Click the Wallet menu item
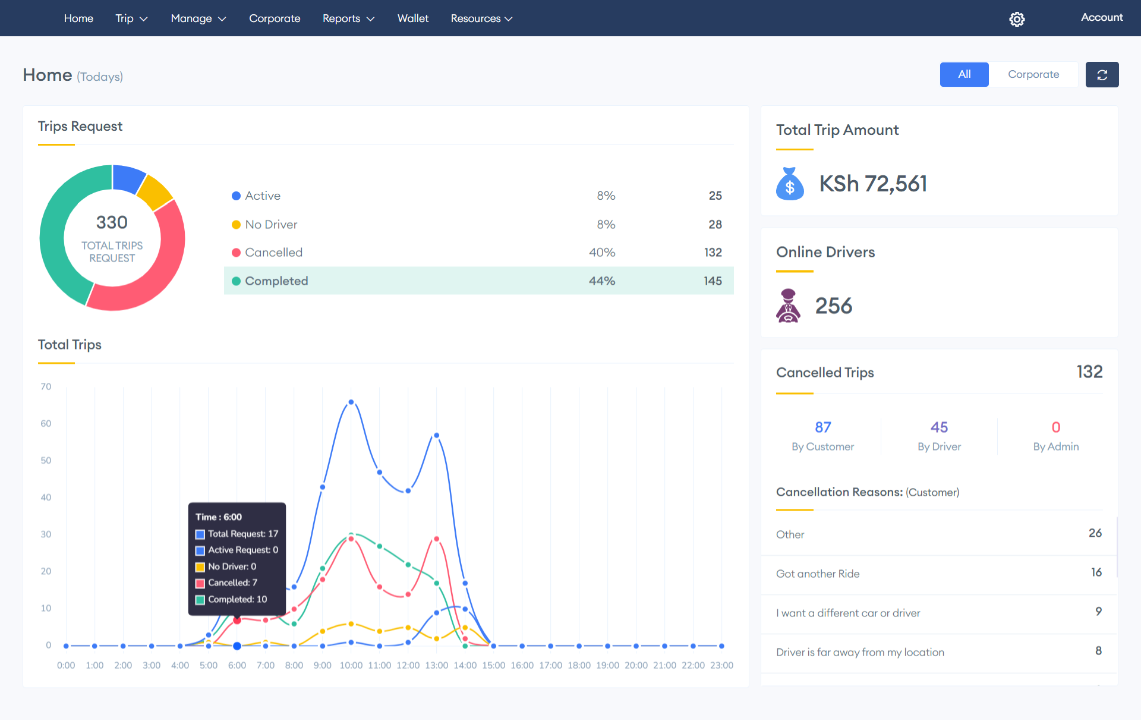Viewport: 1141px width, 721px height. pyautogui.click(x=412, y=18)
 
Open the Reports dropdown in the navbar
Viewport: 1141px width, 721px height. pyautogui.click(x=348, y=18)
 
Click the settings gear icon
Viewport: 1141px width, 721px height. pyautogui.click(x=1017, y=19)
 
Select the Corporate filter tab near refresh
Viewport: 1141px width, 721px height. pyautogui.click(x=1033, y=74)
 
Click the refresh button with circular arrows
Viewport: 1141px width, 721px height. pyautogui.click(x=1102, y=75)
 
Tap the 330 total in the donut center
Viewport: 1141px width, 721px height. pyautogui.click(x=112, y=222)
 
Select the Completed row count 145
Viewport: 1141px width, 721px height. pyautogui.click(x=713, y=281)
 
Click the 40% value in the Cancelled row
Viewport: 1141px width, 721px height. pyautogui.click(x=601, y=253)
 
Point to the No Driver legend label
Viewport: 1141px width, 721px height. pyautogui.click(x=271, y=225)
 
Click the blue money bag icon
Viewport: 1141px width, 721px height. pyautogui.click(x=789, y=184)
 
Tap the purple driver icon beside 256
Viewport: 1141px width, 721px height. pyautogui.click(x=788, y=306)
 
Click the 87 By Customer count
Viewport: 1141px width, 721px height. pyautogui.click(x=822, y=427)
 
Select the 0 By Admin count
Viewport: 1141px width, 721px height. pyautogui.click(x=1055, y=427)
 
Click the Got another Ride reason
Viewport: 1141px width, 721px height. pyautogui.click(x=818, y=574)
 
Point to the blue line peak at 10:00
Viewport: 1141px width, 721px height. pyautogui.click(x=351, y=402)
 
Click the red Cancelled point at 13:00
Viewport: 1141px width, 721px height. pyautogui.click(x=437, y=539)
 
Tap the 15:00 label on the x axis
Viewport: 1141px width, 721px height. pyautogui.click(x=493, y=665)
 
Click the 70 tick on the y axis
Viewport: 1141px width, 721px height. pyautogui.click(x=46, y=386)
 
